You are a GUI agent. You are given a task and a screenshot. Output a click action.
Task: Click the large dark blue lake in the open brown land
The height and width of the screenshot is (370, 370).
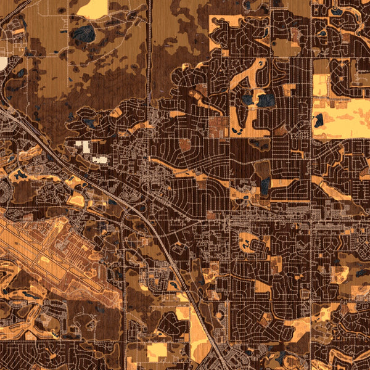[83, 34]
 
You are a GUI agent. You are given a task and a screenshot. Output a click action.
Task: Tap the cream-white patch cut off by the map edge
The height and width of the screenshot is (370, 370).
[3, 63]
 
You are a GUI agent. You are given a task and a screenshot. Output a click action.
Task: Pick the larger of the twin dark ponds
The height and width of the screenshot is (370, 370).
[266, 99]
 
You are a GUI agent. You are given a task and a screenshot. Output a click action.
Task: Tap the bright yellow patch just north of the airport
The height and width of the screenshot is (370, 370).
[76, 199]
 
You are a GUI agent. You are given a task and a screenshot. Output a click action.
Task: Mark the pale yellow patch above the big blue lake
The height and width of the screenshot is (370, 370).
[92, 7]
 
